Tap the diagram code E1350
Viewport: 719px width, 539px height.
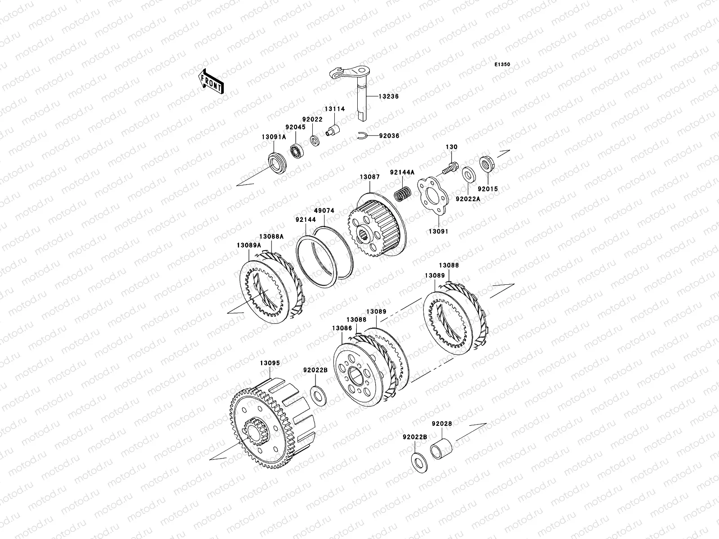pos(502,65)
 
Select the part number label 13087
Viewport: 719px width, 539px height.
pos(369,177)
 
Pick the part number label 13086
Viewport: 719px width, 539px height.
pos(342,328)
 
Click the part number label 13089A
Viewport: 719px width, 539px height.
pos(249,245)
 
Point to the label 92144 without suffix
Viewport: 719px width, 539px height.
pos(306,220)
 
